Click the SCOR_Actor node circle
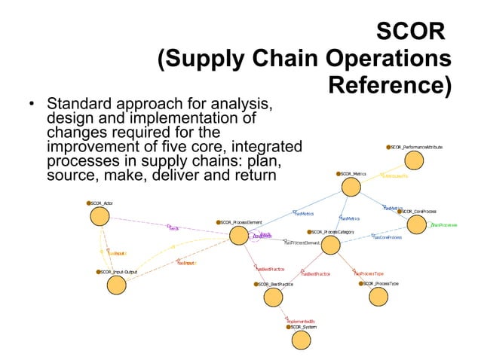pyautogui.click(x=100, y=217)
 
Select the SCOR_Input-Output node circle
pyautogui.click(x=115, y=285)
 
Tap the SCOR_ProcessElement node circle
pyautogui.click(x=238, y=236)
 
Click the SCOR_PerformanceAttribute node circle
pyautogui.click(x=413, y=160)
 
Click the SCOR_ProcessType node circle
pyautogui.click(x=379, y=297)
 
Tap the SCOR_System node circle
pyautogui.click(x=301, y=340)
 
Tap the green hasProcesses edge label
pyautogui.click(x=444, y=224)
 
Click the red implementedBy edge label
pyautogui.click(x=301, y=320)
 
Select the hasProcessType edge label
pyautogui.click(x=369, y=274)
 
